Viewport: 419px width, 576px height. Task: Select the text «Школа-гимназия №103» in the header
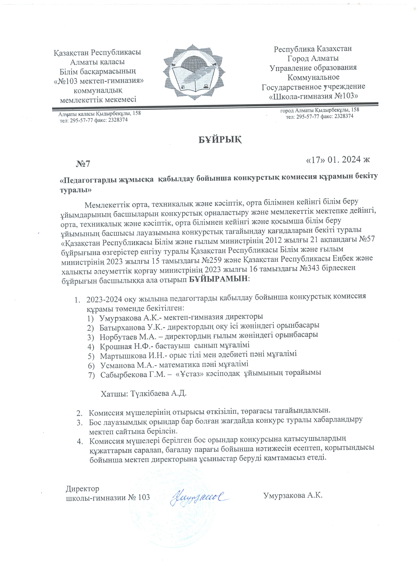pos(313,96)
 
